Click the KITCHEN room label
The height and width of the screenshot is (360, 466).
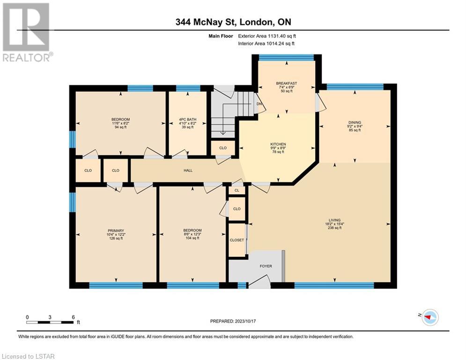(x=278, y=144)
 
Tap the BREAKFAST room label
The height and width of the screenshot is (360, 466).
(x=287, y=83)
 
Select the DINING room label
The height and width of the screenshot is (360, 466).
(x=355, y=122)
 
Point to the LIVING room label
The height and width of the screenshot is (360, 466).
(x=335, y=220)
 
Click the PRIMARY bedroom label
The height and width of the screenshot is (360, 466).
(x=116, y=231)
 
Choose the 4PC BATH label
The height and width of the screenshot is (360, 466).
(x=187, y=120)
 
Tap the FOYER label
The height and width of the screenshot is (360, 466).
(x=266, y=266)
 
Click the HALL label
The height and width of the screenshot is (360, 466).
(x=188, y=171)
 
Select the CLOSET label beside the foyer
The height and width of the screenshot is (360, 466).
(x=237, y=240)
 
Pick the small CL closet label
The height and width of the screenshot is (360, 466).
(x=237, y=190)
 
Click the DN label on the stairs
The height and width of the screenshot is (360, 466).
(x=259, y=104)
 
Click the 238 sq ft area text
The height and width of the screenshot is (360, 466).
(x=335, y=228)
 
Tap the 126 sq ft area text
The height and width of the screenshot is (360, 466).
(x=116, y=238)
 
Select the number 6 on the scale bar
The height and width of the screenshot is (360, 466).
(x=73, y=317)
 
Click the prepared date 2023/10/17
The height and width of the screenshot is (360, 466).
(x=245, y=321)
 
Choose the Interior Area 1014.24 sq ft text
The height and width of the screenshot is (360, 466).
(x=266, y=44)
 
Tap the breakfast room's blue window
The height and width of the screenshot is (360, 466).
(x=286, y=58)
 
